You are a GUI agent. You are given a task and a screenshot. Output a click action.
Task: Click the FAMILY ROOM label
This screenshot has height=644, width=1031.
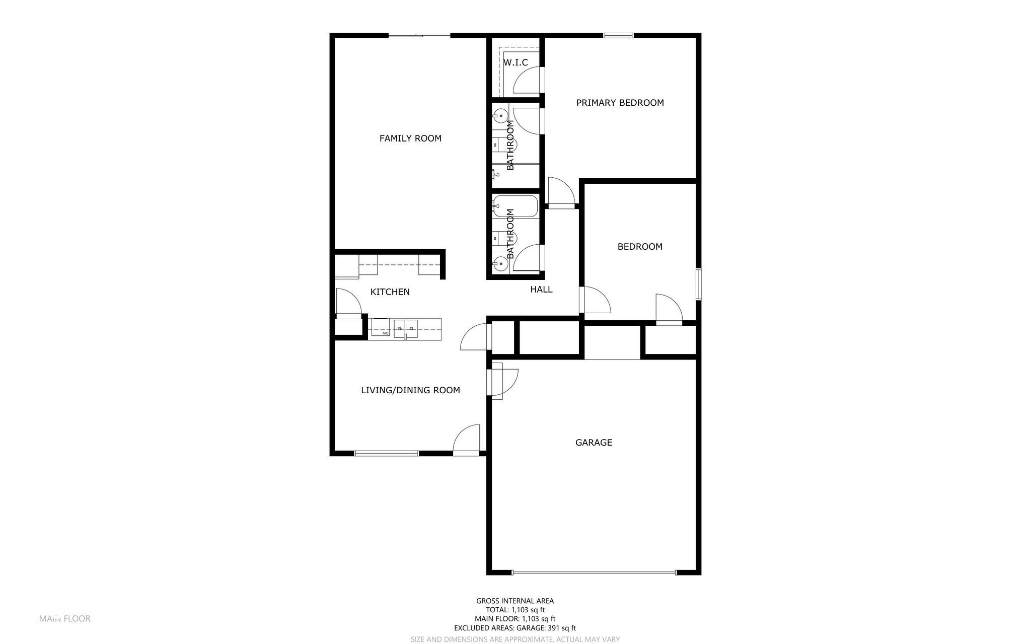point(410,138)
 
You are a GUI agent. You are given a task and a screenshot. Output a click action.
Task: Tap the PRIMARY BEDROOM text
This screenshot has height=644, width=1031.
point(620,103)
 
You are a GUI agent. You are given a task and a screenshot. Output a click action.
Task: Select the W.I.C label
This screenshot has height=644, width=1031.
point(515,62)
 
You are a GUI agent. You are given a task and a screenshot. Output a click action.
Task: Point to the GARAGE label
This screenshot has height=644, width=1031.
point(594,443)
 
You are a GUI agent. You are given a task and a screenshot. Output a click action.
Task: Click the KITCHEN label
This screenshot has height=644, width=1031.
point(390,292)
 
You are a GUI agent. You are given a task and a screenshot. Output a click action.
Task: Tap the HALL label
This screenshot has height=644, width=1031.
point(541,290)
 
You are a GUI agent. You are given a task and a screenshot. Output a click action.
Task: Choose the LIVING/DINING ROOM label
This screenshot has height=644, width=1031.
point(410,390)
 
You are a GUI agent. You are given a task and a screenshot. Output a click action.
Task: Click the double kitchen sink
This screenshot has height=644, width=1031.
point(405,328)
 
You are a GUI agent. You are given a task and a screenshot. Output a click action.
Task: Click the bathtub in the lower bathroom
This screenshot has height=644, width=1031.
point(515,206)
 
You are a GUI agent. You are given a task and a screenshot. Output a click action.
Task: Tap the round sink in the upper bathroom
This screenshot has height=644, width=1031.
point(500,116)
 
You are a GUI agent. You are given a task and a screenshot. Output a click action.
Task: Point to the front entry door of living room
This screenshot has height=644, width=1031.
point(467,440)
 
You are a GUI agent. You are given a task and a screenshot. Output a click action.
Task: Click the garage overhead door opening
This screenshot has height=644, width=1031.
point(594,573)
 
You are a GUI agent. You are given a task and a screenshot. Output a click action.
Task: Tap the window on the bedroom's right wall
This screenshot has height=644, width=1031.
point(699,284)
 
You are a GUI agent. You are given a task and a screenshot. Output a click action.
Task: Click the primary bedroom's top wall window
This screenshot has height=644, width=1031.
point(618,35)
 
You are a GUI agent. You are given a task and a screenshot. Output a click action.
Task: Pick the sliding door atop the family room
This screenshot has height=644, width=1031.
point(419,35)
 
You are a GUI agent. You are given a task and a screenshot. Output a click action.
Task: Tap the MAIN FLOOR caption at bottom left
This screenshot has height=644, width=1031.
point(65,618)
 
